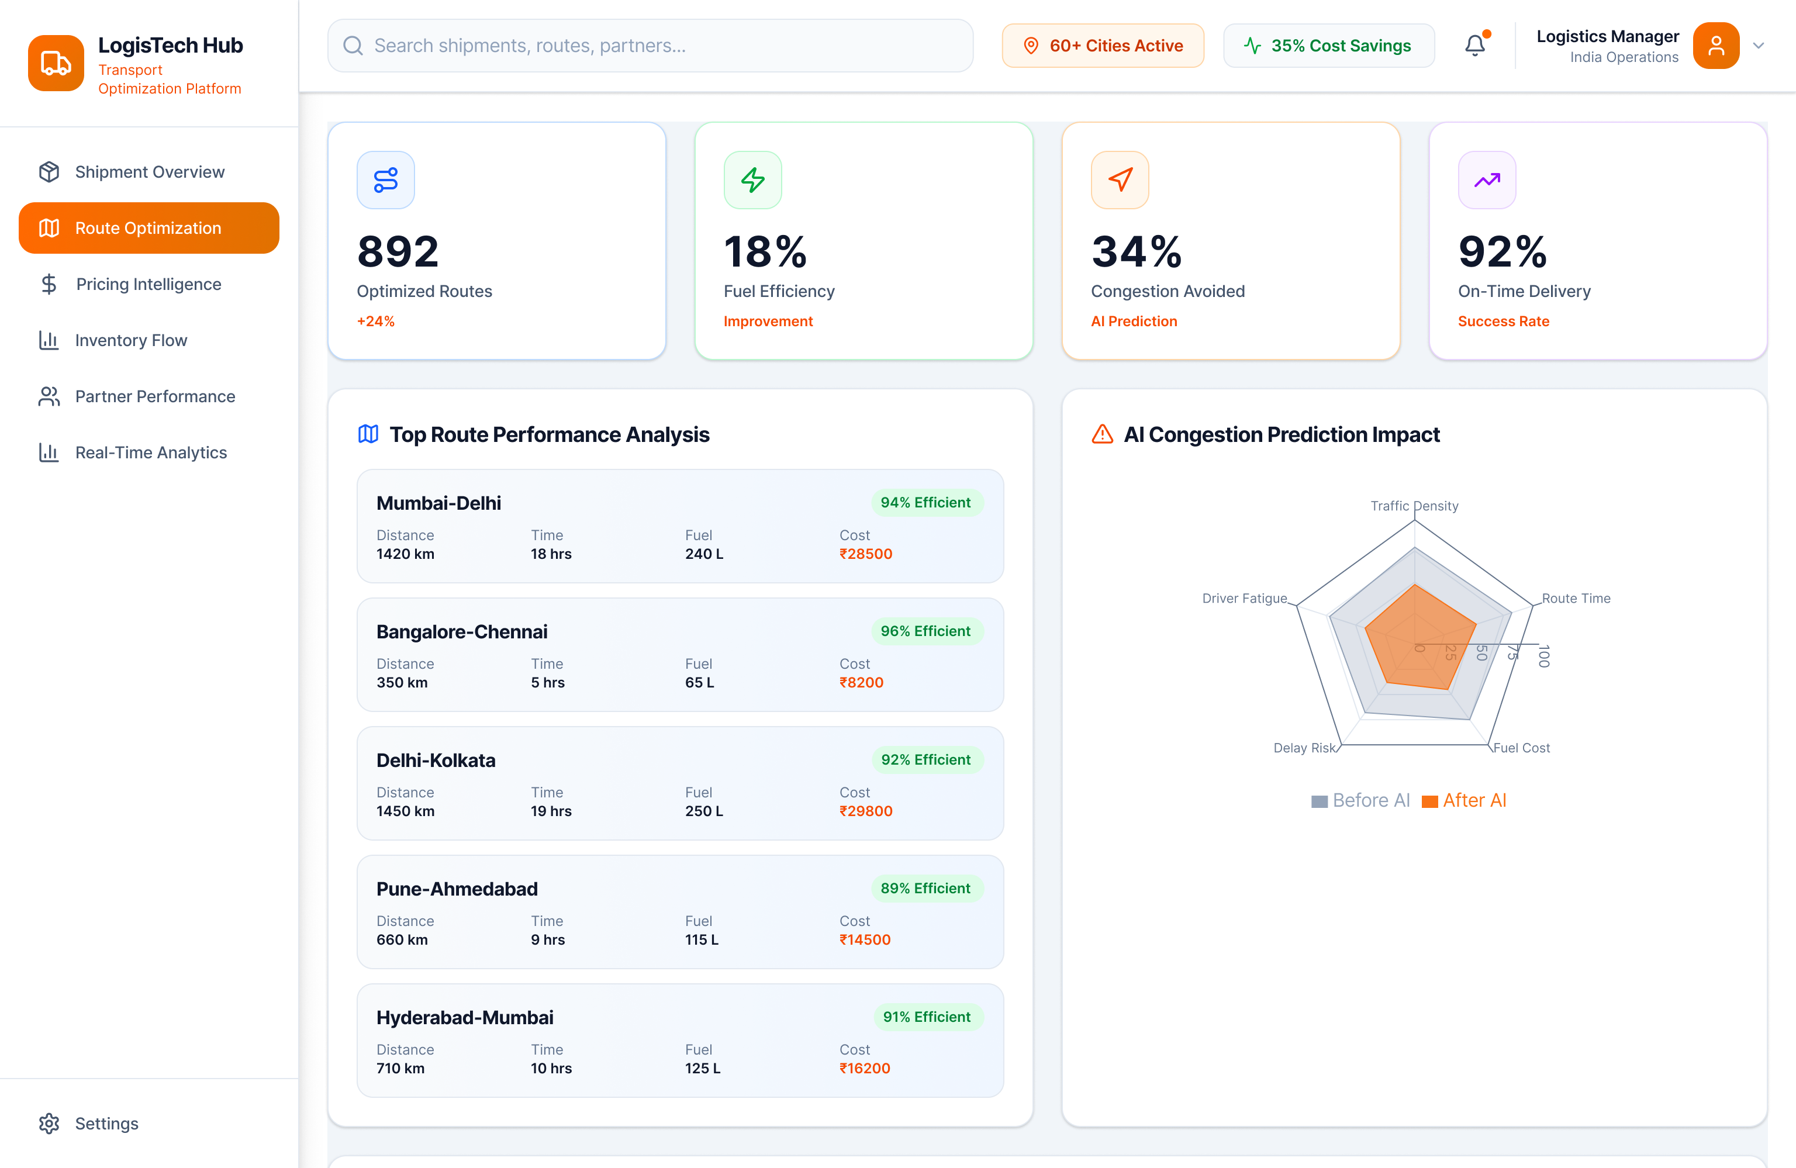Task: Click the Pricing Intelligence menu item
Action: [x=148, y=285]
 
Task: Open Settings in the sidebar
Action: [x=106, y=1124]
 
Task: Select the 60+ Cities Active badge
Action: [x=1103, y=46]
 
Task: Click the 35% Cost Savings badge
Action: [x=1328, y=46]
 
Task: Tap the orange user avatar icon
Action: [x=1715, y=46]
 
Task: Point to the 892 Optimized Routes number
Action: [x=398, y=251]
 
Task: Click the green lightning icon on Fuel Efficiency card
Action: [x=752, y=180]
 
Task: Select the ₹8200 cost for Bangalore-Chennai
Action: [x=861, y=683]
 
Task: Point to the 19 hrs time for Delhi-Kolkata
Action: [x=551, y=811]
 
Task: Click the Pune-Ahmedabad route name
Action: [x=457, y=889]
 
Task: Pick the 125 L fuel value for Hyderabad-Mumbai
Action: [x=703, y=1069]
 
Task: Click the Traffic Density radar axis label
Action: [x=1414, y=506]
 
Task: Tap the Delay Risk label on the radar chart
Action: [x=1304, y=748]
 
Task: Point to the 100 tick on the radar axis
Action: [x=1544, y=656]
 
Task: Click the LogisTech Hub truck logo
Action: [x=56, y=63]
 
